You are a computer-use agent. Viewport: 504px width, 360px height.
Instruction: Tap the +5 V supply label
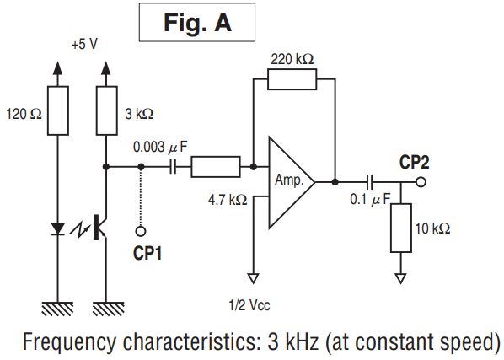[x=84, y=44]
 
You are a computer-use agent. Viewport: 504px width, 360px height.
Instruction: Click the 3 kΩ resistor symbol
[x=107, y=110]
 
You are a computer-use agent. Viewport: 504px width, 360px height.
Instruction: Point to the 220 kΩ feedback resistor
[x=292, y=79]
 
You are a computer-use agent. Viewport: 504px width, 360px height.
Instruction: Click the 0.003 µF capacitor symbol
[x=173, y=167]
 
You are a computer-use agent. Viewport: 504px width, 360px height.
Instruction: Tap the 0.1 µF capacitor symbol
[x=370, y=182]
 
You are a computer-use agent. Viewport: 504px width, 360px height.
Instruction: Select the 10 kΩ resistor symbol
[x=401, y=228]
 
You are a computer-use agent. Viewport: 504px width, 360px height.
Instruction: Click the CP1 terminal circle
[x=141, y=231]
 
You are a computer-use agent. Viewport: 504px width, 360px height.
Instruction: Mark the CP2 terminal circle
[x=421, y=182]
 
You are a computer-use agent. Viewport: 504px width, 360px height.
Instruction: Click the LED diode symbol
[x=58, y=229]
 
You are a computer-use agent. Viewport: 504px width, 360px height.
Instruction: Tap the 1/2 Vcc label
[x=249, y=305]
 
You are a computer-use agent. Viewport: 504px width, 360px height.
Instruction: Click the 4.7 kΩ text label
[x=228, y=201]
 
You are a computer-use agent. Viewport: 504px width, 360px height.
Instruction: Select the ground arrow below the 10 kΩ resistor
[x=401, y=278]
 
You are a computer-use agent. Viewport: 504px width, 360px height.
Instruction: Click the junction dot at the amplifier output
[x=335, y=182]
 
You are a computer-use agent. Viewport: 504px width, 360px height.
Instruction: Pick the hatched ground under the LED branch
[x=58, y=309]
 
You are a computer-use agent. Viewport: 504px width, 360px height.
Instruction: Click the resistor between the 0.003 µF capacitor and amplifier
[x=216, y=167]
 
